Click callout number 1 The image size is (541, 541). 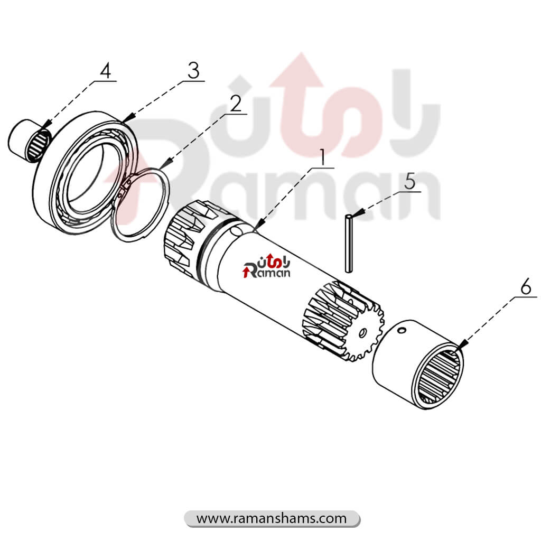point(323,157)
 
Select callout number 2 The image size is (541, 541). point(236,104)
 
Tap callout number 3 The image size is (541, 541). point(193,71)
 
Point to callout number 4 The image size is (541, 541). point(106,71)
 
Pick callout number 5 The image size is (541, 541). point(410,181)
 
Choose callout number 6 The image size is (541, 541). point(526,286)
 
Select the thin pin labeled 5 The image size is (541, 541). point(349,243)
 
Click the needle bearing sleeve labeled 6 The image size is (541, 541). point(418,365)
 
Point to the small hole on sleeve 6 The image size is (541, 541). point(402,331)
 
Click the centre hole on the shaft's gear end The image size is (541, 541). point(362,333)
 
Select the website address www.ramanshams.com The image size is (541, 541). point(272,518)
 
